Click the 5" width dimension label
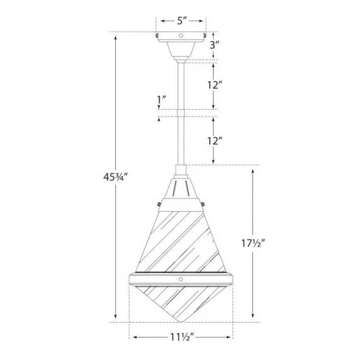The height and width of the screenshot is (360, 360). pos(182,21)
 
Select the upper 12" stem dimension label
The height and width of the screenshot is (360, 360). pos(215,85)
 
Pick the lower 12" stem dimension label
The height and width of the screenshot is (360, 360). pos(215,141)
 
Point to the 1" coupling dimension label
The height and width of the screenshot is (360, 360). pos(161,100)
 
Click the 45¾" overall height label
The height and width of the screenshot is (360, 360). pos(115,177)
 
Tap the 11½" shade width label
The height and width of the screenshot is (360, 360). pos(182,337)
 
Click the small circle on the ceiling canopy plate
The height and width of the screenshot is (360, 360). pos(181,35)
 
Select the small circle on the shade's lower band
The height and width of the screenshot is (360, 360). pos(181,280)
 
